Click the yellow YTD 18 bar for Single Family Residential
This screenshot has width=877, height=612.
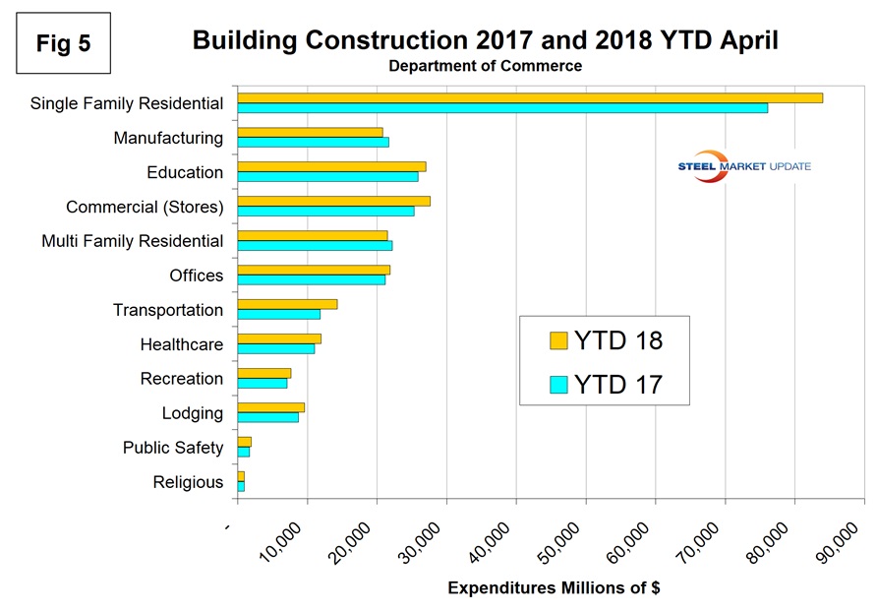click(530, 97)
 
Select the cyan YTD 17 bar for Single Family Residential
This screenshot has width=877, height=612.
click(502, 108)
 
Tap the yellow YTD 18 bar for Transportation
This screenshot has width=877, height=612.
click(287, 304)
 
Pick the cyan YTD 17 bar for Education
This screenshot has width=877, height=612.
click(327, 177)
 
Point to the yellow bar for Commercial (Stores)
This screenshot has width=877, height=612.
click(333, 201)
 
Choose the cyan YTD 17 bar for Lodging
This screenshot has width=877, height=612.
click(267, 418)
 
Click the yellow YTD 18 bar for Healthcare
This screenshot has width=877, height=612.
click(279, 338)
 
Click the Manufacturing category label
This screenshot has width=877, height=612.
click(168, 138)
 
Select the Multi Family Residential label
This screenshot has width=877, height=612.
click(133, 241)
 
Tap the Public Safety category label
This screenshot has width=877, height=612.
click(173, 448)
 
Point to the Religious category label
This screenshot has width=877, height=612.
click(188, 482)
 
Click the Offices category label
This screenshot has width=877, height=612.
click(197, 275)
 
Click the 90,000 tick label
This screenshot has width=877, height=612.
click(843, 540)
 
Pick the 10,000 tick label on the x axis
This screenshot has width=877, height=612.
click(285, 540)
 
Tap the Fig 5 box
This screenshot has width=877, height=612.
click(62, 43)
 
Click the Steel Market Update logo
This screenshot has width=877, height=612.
click(744, 166)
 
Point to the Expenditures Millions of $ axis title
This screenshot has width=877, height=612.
click(553, 588)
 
